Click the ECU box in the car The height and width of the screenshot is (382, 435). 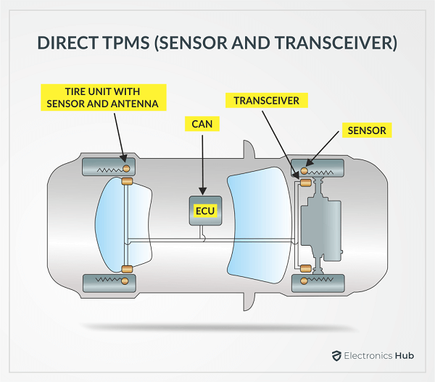pos(204,210)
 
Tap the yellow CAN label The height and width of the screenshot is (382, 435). pos(202,124)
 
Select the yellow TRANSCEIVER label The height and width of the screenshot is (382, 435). pos(266,100)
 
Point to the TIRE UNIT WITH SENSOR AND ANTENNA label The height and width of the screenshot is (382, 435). pos(102,97)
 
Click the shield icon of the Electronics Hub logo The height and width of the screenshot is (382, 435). pos(336,356)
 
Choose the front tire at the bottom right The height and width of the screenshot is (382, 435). pos(319,281)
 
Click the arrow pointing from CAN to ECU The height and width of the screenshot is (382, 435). pos(203,163)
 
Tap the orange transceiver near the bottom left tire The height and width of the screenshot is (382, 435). pos(126,270)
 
